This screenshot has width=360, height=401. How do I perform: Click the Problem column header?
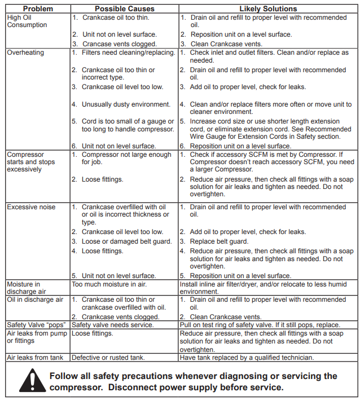click(x=38, y=9)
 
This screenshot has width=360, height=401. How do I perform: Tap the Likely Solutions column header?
click(x=268, y=9)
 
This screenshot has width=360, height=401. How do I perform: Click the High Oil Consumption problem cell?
click(x=27, y=21)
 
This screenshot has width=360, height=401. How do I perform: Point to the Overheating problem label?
click(x=25, y=53)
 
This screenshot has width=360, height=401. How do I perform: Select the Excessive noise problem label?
click(x=31, y=207)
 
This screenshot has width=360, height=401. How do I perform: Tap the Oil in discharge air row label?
click(x=35, y=300)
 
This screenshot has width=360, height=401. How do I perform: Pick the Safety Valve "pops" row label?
click(x=37, y=325)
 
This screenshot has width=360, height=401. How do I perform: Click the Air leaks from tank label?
click(x=35, y=358)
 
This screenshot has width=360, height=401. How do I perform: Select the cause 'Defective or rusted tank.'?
click(x=108, y=358)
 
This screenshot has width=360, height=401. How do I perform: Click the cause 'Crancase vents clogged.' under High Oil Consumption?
click(x=119, y=43)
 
